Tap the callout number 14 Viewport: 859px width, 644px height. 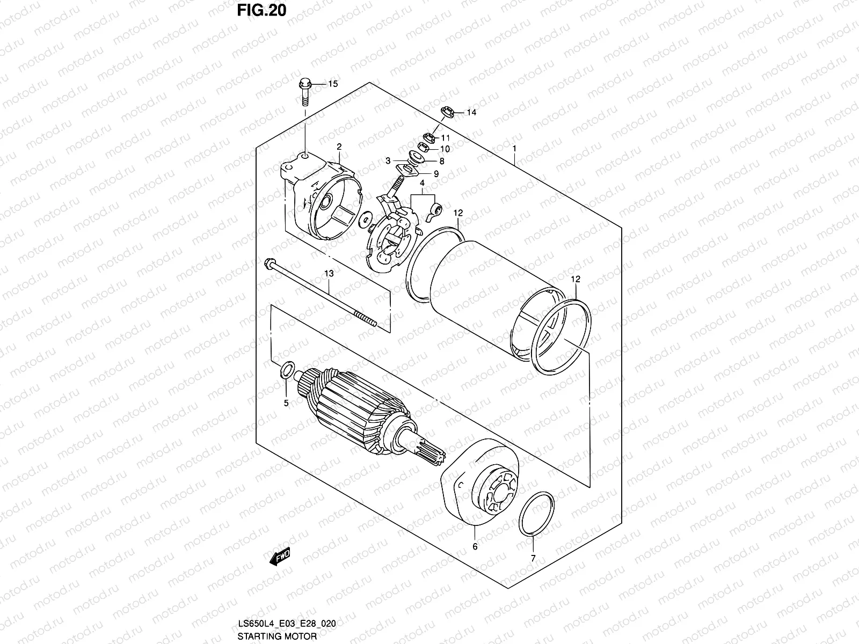(471, 113)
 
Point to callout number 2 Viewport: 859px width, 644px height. (339, 147)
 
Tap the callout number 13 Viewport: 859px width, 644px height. (329, 274)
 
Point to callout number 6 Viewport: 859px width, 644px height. (475, 547)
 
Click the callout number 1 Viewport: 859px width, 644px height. (514, 148)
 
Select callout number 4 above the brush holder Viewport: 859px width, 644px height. (423, 184)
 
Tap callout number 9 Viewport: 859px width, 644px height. (436, 174)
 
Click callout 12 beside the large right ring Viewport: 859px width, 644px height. (576, 279)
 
